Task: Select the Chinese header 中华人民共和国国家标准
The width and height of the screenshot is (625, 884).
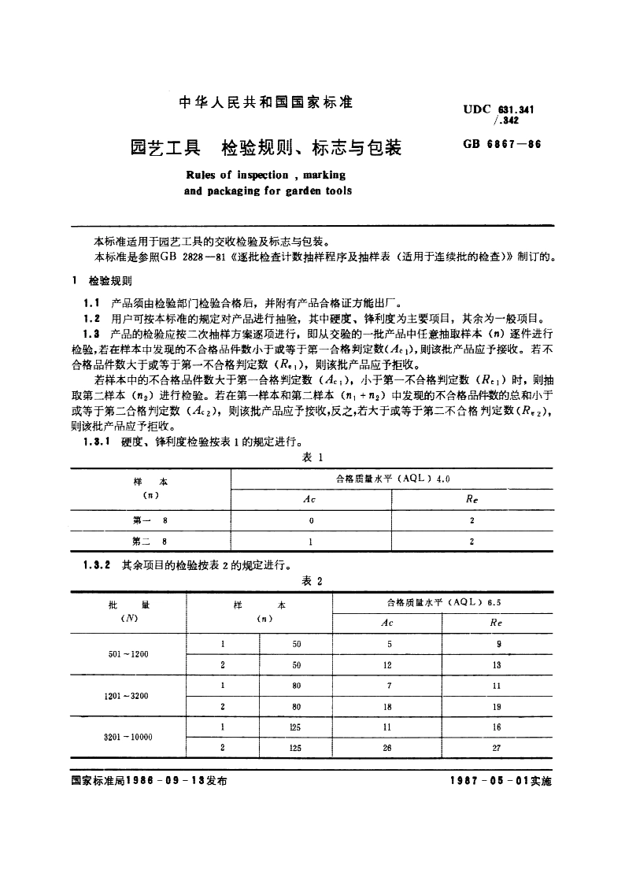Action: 266,102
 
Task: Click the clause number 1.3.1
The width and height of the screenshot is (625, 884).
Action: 98,442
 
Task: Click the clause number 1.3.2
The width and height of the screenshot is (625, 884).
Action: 98,564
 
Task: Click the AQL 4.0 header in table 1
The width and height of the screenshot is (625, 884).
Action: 392,479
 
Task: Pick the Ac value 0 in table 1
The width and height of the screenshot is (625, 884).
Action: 312,520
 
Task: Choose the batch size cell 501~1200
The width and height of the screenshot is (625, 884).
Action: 128,654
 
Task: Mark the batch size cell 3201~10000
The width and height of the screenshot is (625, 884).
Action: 128,738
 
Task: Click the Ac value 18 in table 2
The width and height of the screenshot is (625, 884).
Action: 387,707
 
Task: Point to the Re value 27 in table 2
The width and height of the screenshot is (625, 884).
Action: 497,749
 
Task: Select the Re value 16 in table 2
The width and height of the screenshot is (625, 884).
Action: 497,727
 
